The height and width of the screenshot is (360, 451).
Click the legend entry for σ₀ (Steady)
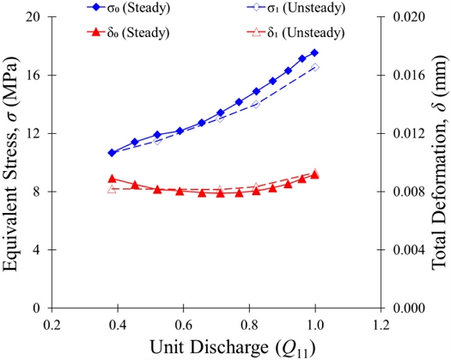(128, 8)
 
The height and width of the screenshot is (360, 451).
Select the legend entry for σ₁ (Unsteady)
(296, 8)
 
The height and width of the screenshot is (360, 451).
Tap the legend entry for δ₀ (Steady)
(128, 33)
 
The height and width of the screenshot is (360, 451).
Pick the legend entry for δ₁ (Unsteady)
(296, 33)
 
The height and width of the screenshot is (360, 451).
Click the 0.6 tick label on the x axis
(183, 325)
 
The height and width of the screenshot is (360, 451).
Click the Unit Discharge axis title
(233, 347)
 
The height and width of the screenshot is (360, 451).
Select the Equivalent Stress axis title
(10, 163)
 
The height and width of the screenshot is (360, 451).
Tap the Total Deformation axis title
(441, 162)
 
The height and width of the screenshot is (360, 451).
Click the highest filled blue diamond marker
(314, 52)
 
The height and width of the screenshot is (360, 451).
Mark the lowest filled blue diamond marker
(112, 153)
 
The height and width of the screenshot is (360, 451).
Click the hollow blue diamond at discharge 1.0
(315, 67)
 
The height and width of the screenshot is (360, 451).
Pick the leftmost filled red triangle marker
(112, 179)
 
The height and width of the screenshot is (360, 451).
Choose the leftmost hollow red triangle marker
(112, 189)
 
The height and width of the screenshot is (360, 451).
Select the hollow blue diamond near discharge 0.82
(256, 104)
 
